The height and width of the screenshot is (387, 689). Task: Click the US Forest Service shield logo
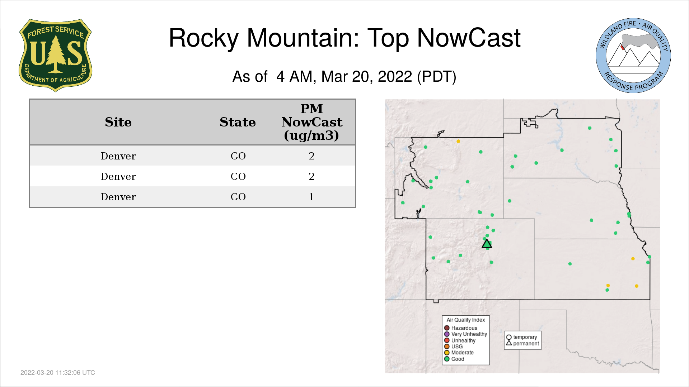[x=55, y=56]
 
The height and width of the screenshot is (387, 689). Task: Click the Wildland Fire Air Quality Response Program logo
[x=633, y=56]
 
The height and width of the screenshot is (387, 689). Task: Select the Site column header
[x=118, y=122]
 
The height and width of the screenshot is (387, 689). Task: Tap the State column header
[x=238, y=122]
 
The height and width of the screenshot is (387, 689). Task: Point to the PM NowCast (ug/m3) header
[x=311, y=122]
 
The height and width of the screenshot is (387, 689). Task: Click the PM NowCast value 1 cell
[x=311, y=197]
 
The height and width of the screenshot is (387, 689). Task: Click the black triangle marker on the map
[x=487, y=244]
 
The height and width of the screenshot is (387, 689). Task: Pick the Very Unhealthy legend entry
[x=465, y=334]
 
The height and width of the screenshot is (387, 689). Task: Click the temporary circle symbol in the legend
[x=509, y=337]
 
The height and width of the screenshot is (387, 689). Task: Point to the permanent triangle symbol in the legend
[x=509, y=343]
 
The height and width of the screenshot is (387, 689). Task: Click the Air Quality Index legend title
[x=466, y=320]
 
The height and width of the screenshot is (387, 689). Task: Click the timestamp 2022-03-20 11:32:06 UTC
[x=58, y=373]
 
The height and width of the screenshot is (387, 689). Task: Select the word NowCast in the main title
[x=469, y=38]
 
